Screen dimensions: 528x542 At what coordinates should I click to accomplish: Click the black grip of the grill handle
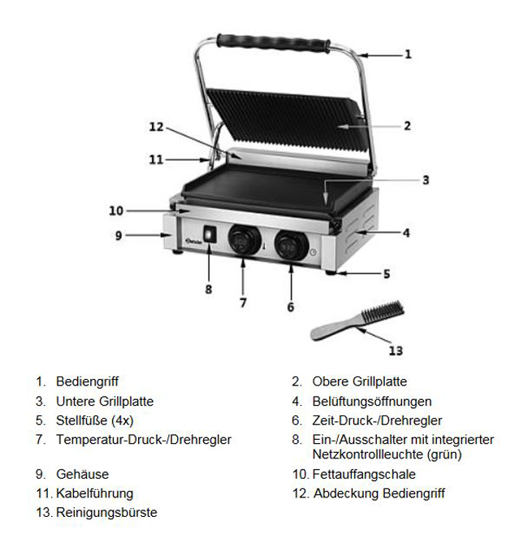[273, 43]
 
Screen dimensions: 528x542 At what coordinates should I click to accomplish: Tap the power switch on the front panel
[210, 234]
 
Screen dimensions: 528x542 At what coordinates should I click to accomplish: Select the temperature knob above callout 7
[245, 241]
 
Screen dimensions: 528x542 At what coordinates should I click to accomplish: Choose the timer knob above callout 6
[292, 245]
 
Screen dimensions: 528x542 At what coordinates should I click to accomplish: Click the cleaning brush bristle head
[383, 311]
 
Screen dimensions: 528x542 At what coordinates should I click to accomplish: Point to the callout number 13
[396, 351]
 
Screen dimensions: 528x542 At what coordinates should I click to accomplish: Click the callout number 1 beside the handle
[409, 54]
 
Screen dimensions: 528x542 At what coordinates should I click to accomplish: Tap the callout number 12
[156, 127]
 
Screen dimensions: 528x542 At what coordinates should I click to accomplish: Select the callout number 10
[116, 210]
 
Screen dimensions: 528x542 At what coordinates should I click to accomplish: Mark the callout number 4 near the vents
[406, 233]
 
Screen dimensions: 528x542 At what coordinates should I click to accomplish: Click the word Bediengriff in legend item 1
[87, 381]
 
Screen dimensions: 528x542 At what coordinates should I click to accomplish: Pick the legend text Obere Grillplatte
[360, 381]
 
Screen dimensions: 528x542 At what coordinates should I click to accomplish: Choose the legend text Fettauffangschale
[364, 474]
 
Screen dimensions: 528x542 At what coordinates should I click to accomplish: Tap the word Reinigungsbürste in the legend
[106, 512]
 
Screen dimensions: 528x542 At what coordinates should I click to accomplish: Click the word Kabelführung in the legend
[94, 493]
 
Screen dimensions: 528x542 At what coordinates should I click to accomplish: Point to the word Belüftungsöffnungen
[372, 402]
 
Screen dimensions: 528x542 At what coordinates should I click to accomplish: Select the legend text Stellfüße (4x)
[95, 420]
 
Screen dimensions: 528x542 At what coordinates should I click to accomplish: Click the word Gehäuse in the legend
[82, 474]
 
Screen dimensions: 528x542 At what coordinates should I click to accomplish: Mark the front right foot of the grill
[331, 273]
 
